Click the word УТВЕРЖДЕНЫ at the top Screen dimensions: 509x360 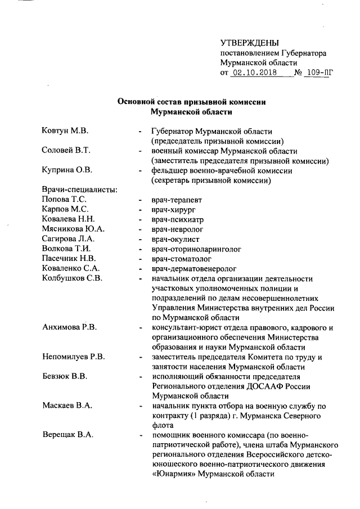coord(249,43)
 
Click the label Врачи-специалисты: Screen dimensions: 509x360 coord(79,190)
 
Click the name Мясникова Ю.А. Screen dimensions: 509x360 coord(73,229)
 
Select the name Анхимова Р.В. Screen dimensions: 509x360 coord(70,328)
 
